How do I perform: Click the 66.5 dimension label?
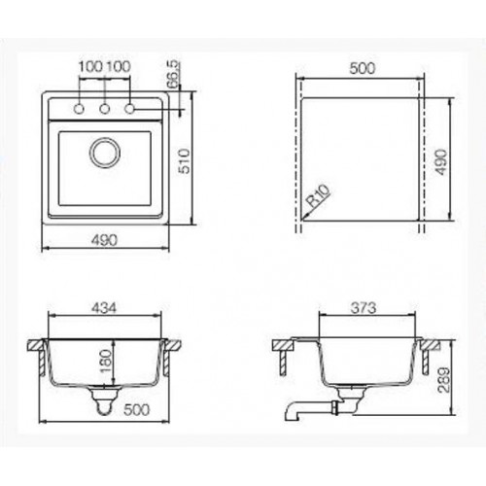pos(173,75)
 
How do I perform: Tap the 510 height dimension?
pos(185,161)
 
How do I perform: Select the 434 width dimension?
pos(104,308)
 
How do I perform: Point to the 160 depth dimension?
pos(106,362)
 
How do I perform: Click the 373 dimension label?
pos(364,308)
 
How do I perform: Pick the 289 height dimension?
pos(444,380)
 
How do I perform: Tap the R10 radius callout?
pos(319,195)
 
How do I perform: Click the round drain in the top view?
pos(105,153)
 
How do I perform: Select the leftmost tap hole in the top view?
pos(79,109)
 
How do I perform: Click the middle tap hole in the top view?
pos(104,109)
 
